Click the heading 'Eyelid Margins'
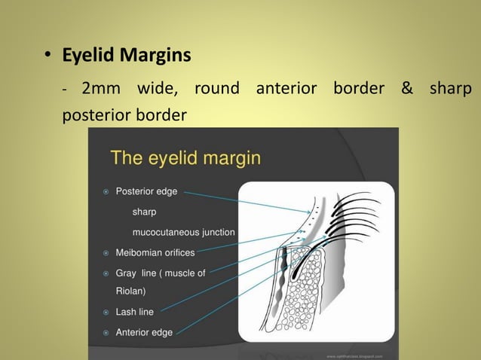(127, 56)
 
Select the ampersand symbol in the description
(407, 89)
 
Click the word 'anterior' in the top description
(286, 89)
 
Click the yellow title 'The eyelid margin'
(185, 158)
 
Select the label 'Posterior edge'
(146, 192)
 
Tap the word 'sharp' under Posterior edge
(145, 212)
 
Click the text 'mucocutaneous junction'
(183, 233)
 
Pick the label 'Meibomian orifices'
(155, 253)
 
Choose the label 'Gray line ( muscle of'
(160, 273)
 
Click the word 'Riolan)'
(130, 291)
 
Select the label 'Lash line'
(134, 312)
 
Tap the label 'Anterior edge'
(143, 332)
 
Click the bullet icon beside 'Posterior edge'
(106, 192)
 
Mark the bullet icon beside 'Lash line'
(106, 312)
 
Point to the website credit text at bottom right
(354, 355)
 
